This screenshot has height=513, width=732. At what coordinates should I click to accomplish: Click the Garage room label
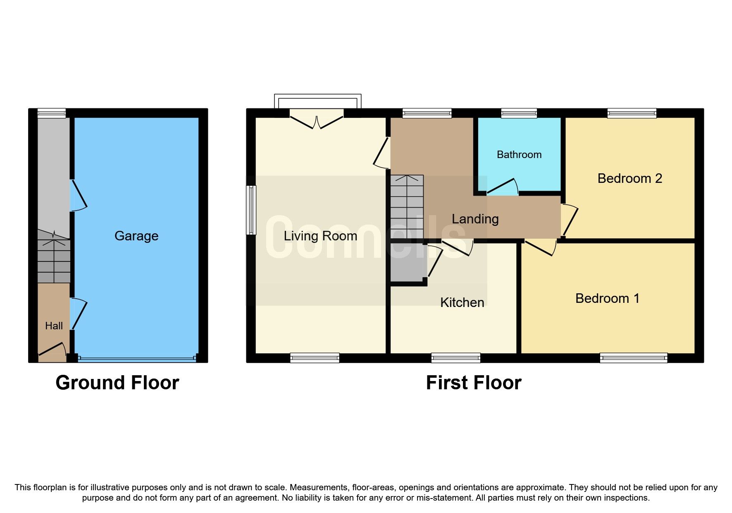click(x=136, y=236)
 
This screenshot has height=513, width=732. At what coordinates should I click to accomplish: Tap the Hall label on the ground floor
click(x=54, y=326)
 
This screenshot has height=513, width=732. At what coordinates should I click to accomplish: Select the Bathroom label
click(x=519, y=155)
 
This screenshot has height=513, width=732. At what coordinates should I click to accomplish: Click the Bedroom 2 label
click(x=629, y=178)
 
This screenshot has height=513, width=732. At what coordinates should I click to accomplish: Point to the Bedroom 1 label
click(x=607, y=298)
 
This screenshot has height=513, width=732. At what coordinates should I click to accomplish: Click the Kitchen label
click(x=462, y=302)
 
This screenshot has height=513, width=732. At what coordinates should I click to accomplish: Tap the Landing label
click(x=475, y=219)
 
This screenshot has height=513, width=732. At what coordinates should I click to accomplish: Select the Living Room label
click(x=320, y=236)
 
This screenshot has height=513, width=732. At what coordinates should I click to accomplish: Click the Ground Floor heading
click(x=117, y=383)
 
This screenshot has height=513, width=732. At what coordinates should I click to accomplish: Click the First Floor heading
click(x=474, y=383)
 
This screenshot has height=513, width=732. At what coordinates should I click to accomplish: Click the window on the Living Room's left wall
click(x=251, y=210)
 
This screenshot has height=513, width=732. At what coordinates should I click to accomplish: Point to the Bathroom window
click(x=519, y=113)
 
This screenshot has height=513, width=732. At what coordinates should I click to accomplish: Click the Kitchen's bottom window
click(x=455, y=358)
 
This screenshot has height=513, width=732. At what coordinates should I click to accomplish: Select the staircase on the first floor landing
click(x=408, y=207)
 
